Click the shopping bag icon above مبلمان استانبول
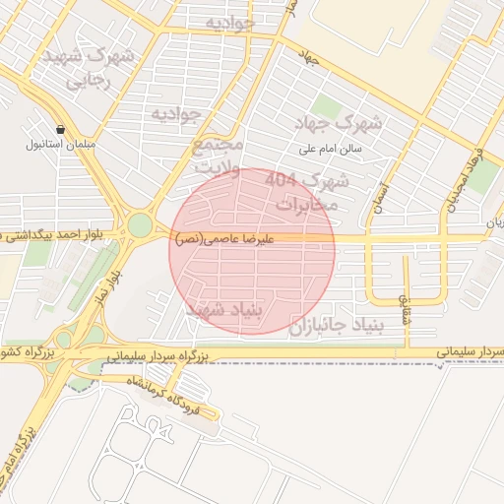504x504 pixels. (x=61, y=129)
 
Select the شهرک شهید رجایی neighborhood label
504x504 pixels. (x=88, y=68)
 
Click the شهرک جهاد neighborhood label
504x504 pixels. (x=339, y=124)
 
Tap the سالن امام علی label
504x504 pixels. (x=332, y=150)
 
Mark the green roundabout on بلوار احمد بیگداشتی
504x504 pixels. (x=141, y=225)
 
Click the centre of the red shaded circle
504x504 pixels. (x=252, y=251)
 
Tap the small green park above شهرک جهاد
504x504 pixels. (x=325, y=105)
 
